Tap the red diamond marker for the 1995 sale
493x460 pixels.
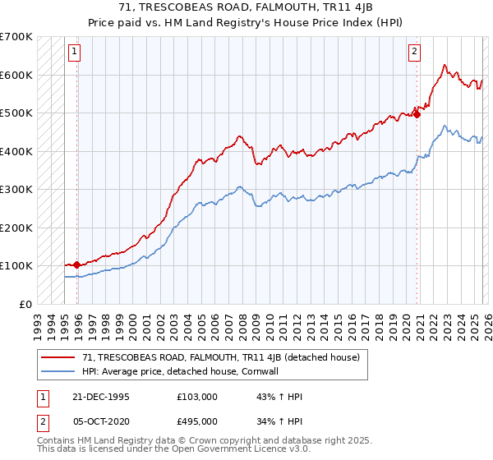pos(77,264)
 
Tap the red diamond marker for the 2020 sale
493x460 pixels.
pos(417,114)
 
